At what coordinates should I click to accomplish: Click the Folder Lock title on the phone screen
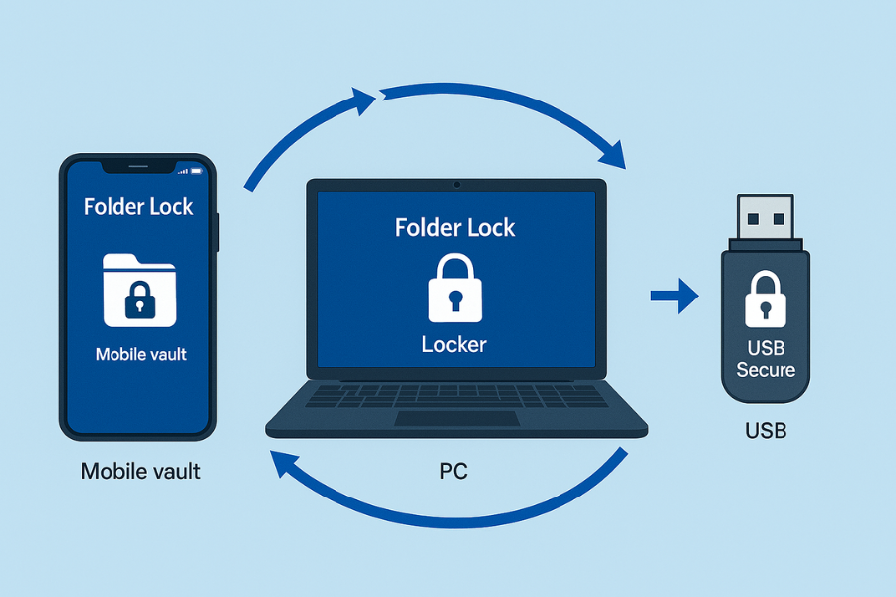click(x=138, y=207)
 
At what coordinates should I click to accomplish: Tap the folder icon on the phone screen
click(x=139, y=290)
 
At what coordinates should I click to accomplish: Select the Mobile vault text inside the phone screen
click(x=140, y=354)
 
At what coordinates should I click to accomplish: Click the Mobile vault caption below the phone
click(x=140, y=471)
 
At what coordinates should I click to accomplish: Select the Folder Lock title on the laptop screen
click(x=455, y=228)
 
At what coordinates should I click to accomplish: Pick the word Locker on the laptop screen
click(x=454, y=345)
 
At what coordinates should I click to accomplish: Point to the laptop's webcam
click(x=456, y=185)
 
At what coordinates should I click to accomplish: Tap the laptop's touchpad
click(x=456, y=418)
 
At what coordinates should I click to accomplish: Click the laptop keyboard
click(x=456, y=396)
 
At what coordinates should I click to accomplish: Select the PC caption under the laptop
click(x=454, y=471)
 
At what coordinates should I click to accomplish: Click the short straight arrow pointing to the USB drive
click(x=674, y=296)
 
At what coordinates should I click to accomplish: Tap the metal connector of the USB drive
click(x=765, y=217)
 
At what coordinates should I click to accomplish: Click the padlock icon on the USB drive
click(x=765, y=298)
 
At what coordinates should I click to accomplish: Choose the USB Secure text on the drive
click(x=765, y=360)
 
